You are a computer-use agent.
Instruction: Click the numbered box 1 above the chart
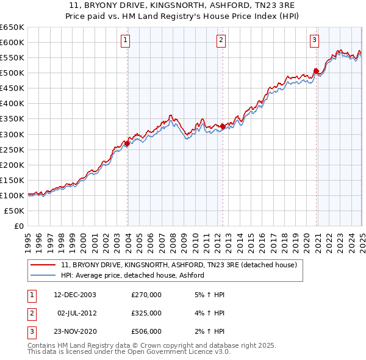coord(125,41)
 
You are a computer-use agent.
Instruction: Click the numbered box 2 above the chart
coord(220,41)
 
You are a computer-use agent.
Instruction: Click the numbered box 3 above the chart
coord(314,41)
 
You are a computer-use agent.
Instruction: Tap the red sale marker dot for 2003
coord(127,143)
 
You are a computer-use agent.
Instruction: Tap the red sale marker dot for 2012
coord(223,126)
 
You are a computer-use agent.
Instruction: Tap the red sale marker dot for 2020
coord(317,71)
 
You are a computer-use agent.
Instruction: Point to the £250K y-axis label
coord(12,149)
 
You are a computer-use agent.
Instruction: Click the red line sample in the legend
coord(43,265)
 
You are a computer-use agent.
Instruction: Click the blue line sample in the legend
coord(43,275)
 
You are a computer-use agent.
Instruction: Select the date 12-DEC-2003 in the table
coord(75,295)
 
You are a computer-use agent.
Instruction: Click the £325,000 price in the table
coord(146,313)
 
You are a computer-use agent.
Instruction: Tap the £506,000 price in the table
coord(146,331)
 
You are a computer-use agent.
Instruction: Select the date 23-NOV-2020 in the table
coord(75,331)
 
